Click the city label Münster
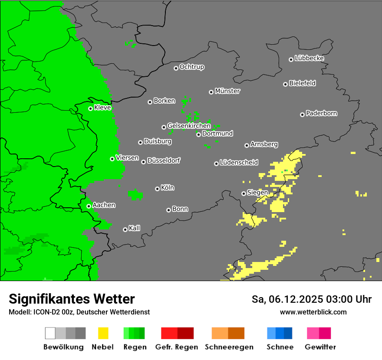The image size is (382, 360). tap(227, 91)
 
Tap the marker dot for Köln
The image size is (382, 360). tap(157, 189)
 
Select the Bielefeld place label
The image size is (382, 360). tap(302, 83)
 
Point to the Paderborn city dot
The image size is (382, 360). tap(302, 115)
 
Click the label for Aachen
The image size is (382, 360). tap(104, 205)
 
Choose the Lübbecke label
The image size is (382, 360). tap(309, 58)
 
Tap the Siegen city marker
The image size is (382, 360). tap(244, 193)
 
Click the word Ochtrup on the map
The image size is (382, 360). tap(191, 67)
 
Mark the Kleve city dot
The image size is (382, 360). tap(90, 108)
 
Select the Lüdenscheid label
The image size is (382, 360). tap(239, 163)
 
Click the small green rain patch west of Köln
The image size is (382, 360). tap(136, 195)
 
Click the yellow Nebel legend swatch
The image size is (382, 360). tap(103, 333)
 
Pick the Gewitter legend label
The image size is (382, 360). tap(320, 347)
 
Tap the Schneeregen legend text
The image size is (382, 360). tap(229, 347)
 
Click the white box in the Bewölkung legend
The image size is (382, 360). tap(50, 333)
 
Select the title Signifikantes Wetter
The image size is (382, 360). tap(72, 299)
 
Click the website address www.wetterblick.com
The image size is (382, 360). tap(313, 312)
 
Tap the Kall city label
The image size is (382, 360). tap(135, 228)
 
